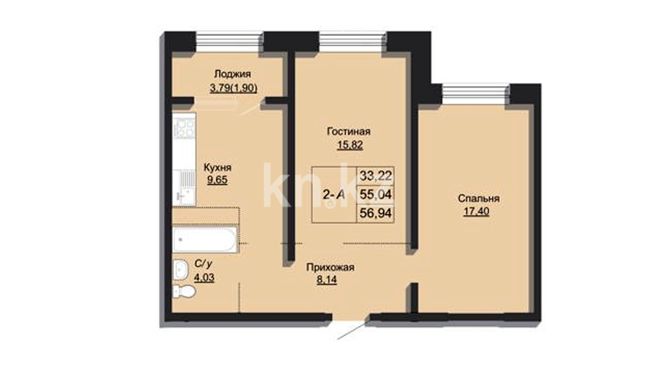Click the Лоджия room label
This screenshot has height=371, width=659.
(x=232, y=74)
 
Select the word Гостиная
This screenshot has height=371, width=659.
(x=349, y=131)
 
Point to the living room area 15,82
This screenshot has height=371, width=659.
(x=350, y=145)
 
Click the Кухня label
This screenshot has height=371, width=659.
(x=218, y=168)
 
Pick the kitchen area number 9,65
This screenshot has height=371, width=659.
(x=217, y=180)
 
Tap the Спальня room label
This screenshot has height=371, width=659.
(x=478, y=199)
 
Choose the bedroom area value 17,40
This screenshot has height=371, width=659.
(x=476, y=211)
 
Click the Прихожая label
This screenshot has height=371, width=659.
(x=330, y=267)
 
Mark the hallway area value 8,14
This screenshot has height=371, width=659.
(x=327, y=280)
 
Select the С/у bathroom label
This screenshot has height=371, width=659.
(x=203, y=264)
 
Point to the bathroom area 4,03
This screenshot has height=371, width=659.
(x=204, y=277)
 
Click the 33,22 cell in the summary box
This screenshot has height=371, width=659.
(x=375, y=176)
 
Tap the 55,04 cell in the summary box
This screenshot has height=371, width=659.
(x=375, y=195)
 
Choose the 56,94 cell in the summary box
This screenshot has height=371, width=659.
(x=375, y=213)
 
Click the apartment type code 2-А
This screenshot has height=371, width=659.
(x=334, y=195)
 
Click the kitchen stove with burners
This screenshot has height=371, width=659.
(x=184, y=126)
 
